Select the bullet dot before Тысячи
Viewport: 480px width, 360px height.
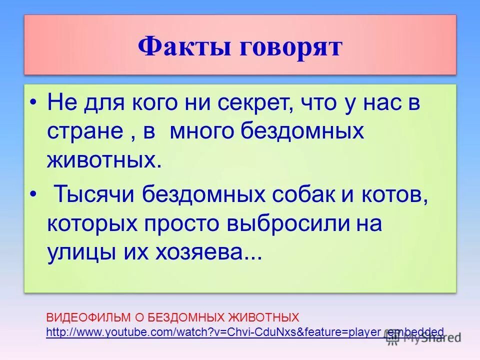[33, 193]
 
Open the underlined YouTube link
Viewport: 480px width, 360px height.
[244, 331]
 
